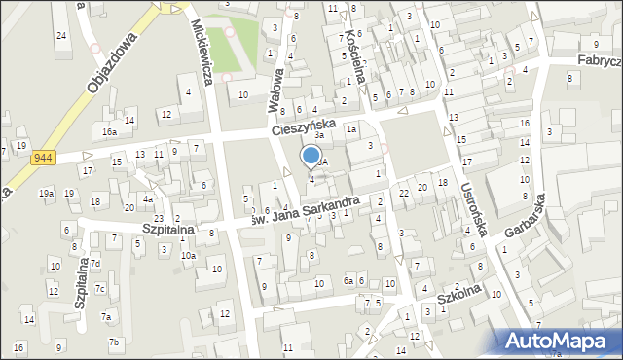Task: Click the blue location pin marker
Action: [x=311, y=156]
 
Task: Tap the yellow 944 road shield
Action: [x=44, y=157]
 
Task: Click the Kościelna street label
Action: [x=354, y=47]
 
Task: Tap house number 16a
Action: [x=110, y=130]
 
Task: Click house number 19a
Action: [x=46, y=194]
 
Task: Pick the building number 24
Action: [x=61, y=36]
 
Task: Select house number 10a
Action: [x=187, y=255]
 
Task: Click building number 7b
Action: [x=113, y=342]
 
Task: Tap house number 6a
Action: [x=348, y=281]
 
